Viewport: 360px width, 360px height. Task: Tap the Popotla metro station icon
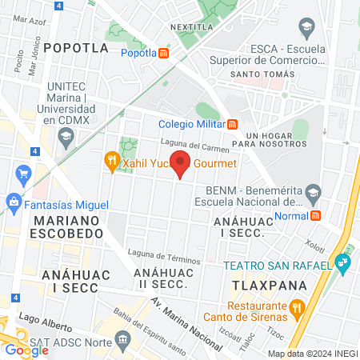[x=164, y=54]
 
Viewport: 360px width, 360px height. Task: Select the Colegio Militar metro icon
[x=233, y=123]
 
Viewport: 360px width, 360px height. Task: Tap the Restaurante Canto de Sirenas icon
[x=296, y=306]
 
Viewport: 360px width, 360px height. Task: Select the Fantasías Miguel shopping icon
[x=14, y=202]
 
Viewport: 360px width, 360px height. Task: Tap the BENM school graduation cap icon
[x=313, y=191]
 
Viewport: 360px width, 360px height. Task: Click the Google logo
[x=26, y=350]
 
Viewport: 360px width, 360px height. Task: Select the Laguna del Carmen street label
[x=194, y=145]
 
